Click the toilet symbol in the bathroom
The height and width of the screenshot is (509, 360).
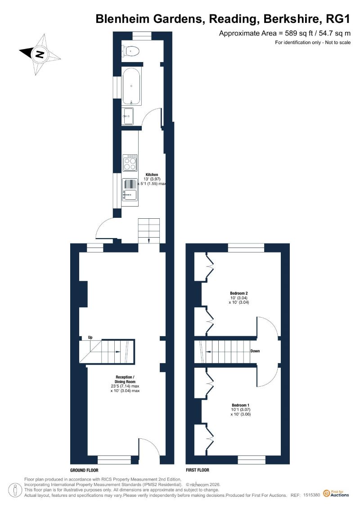[131, 51]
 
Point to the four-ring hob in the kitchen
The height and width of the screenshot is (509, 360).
[130, 162]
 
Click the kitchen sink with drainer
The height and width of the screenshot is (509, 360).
[130, 189]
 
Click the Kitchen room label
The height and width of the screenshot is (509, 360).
[152, 175]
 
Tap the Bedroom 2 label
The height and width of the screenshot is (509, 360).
[239, 293]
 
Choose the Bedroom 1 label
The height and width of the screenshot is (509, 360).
[240, 405]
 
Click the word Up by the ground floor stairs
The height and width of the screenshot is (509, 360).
[90, 337]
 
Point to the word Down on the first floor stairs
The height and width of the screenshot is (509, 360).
[255, 351]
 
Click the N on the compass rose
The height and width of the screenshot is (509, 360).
[40, 54]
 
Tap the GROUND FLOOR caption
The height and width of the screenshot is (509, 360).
[84, 470]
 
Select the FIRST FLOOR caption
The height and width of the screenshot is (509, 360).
[198, 470]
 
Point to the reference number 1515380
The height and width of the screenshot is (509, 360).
[311, 495]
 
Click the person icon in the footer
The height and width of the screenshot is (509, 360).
[13, 490]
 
